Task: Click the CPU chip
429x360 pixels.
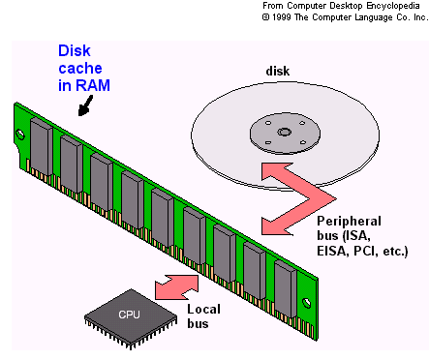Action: tap(130, 315)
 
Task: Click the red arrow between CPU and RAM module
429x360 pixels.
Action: tap(176, 285)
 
